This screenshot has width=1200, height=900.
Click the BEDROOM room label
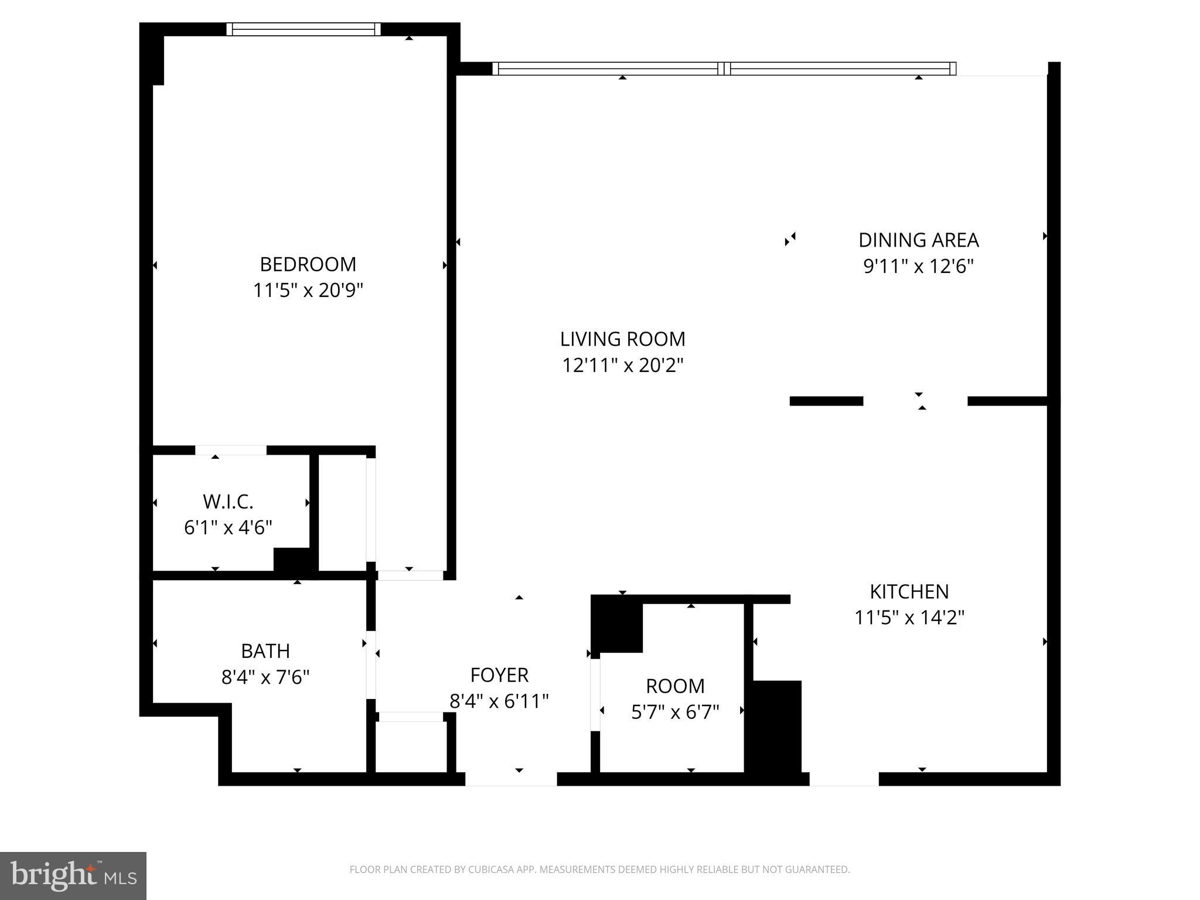308,264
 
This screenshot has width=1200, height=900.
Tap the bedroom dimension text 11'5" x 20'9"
308,291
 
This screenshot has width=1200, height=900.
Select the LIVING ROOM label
622,339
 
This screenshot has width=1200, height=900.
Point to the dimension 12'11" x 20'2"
622,366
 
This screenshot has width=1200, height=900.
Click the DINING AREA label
918,240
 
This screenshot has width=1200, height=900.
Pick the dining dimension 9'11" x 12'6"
918,267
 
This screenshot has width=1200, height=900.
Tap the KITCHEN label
909,592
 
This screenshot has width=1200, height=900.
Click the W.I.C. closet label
228,502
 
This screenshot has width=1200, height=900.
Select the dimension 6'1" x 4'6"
228,528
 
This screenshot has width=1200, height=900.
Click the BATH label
265,651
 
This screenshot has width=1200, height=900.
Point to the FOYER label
499,676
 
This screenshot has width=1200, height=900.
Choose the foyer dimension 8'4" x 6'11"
499,701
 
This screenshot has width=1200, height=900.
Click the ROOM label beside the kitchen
675,686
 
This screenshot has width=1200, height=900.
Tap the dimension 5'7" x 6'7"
675,712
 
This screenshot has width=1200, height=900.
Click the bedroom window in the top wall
304,29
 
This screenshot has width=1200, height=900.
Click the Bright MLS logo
73,876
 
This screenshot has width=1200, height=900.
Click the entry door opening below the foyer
511,779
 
